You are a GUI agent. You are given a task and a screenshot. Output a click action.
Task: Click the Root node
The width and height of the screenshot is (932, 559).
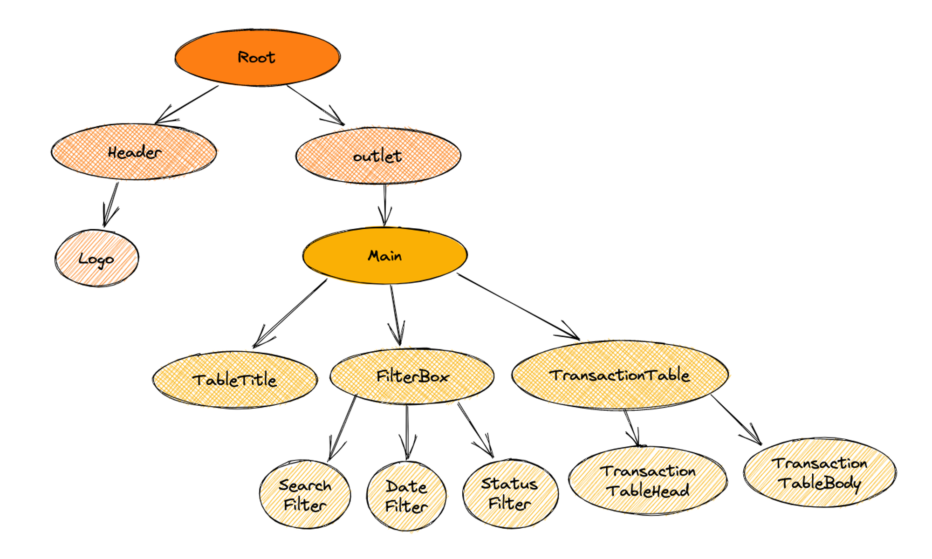[x=257, y=57]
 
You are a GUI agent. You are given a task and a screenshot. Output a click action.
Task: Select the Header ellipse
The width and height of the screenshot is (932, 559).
[x=134, y=152]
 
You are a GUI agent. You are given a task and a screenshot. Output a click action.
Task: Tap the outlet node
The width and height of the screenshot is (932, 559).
[x=378, y=156]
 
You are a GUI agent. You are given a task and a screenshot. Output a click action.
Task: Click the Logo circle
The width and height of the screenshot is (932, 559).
[x=96, y=258]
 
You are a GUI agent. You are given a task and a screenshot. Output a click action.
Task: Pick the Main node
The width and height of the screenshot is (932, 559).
[x=385, y=255]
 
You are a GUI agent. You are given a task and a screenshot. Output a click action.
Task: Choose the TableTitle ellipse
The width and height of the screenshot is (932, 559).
[x=235, y=380]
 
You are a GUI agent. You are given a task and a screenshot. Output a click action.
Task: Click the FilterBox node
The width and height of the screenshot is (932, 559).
[x=412, y=376]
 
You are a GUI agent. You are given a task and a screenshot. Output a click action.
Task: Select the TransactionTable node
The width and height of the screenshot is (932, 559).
[x=620, y=375]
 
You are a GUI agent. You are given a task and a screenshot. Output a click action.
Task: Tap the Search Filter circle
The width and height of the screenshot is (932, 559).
[x=305, y=495]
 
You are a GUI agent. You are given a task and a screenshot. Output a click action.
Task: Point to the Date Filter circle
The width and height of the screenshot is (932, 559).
[x=406, y=496]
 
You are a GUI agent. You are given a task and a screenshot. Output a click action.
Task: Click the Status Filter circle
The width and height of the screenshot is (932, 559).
[x=510, y=494]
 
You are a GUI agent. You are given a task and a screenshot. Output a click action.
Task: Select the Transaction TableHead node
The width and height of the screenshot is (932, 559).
[x=648, y=481]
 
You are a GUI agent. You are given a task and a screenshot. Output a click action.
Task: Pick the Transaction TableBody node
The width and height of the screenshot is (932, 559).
[x=820, y=472]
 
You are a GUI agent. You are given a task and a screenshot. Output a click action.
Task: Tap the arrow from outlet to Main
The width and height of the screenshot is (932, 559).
[x=385, y=205]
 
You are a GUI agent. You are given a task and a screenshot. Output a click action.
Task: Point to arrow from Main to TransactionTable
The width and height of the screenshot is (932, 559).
[x=517, y=306]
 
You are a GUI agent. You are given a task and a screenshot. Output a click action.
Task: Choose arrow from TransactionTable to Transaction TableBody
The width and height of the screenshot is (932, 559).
[x=736, y=419]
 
